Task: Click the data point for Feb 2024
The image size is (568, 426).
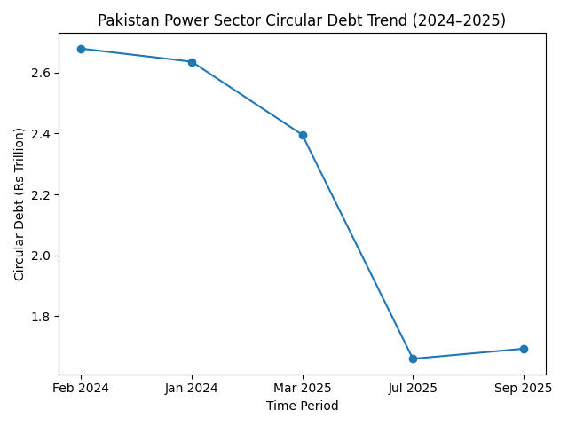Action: point(81,49)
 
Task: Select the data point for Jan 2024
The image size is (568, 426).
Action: point(192,62)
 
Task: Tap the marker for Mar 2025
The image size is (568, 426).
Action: point(303,135)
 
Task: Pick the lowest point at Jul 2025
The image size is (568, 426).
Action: point(413,359)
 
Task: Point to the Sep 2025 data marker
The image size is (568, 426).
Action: point(524,349)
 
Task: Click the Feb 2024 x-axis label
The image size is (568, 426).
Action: point(81,388)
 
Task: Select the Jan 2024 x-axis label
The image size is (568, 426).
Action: point(192,388)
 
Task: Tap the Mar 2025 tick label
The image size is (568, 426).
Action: point(303,388)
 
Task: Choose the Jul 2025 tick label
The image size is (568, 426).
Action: point(413,388)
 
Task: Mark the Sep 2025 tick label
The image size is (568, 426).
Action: point(524,388)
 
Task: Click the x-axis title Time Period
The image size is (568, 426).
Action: point(302,406)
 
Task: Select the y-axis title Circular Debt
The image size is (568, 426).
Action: point(20,204)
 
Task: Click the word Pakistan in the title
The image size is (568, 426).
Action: point(125,20)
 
